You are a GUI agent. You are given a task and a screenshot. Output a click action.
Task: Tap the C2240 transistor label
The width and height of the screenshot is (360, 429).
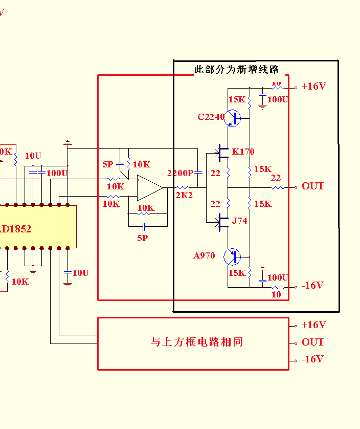[x=211, y=117]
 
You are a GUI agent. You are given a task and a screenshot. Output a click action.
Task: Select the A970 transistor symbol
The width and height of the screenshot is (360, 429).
[x=233, y=256]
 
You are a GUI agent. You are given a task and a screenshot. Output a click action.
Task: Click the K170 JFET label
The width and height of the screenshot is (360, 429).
[x=243, y=152]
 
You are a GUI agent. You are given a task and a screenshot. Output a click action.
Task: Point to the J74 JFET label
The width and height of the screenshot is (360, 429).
[x=240, y=221]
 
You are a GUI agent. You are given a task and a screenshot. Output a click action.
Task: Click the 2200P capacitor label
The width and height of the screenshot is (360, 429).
[x=180, y=174]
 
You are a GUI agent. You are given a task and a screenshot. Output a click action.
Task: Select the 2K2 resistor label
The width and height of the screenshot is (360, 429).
[x=185, y=195]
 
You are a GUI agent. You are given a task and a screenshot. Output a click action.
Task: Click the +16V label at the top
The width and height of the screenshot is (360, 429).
[x=313, y=86]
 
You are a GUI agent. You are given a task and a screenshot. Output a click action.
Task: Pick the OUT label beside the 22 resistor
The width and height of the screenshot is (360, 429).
[x=312, y=186]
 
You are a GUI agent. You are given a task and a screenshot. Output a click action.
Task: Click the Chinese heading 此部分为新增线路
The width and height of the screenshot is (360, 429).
[x=236, y=70]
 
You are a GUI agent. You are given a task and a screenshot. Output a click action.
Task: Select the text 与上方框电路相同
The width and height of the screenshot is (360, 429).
[x=196, y=342]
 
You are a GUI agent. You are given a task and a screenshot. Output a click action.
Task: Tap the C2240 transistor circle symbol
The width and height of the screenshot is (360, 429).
[x=233, y=118]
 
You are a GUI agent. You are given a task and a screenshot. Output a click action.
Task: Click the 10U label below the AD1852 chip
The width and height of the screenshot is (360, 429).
[x=80, y=273]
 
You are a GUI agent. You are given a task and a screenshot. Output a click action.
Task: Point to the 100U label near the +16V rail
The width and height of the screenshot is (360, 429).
[x=278, y=99]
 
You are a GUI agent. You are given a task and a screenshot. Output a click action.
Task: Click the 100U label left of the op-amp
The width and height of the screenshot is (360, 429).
[x=57, y=173]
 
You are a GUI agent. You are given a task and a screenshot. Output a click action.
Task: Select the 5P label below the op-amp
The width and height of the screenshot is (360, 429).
[x=142, y=238]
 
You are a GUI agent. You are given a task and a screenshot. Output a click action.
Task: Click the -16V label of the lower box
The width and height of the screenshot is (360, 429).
[x=312, y=359]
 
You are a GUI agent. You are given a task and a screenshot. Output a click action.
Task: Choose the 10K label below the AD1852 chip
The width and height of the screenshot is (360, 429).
[x=20, y=282]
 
